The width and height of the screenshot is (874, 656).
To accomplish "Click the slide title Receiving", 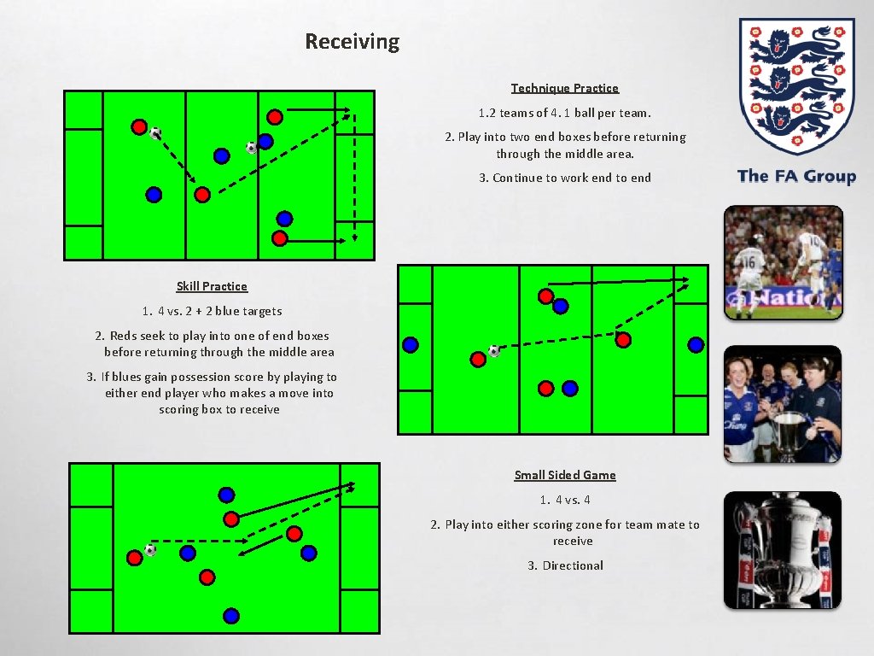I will (352, 41).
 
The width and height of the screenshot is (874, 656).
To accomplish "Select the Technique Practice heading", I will (564, 88).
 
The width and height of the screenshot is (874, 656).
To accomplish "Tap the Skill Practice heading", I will (212, 286).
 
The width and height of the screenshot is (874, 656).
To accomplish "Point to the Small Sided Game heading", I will (564, 475).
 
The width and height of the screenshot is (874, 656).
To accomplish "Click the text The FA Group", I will (795, 176).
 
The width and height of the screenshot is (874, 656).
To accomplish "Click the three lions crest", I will (795, 85).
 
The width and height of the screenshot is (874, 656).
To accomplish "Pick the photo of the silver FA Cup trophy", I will (783, 550).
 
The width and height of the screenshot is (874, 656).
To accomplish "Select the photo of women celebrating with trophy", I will (783, 404).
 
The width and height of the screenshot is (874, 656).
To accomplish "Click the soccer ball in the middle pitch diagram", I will (494, 351).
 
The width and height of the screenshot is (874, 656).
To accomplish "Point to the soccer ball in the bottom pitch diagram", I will (151, 550).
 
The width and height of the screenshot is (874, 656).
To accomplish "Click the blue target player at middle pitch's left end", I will (411, 345).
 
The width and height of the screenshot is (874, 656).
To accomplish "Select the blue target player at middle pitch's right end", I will (696, 345).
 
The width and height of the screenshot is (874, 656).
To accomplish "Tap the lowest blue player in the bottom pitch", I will (230, 615).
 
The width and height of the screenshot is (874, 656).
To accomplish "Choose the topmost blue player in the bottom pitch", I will (226, 495).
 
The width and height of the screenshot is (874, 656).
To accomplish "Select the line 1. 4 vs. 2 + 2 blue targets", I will (212, 311).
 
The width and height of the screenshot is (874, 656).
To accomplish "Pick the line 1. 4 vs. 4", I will (564, 500).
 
